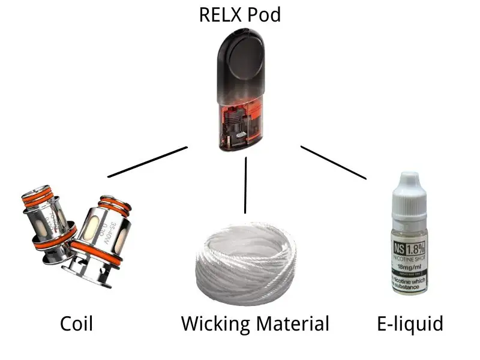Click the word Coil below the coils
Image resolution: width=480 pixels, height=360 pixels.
[x=77, y=324]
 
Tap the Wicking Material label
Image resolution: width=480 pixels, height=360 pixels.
[x=255, y=324]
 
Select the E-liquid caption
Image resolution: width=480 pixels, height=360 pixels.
[x=410, y=324]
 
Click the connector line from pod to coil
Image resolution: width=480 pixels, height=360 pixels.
[x=148, y=162]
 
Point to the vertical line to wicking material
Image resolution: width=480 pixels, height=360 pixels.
[x=245, y=186]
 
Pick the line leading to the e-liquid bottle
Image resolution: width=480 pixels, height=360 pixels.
[x=333, y=162]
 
